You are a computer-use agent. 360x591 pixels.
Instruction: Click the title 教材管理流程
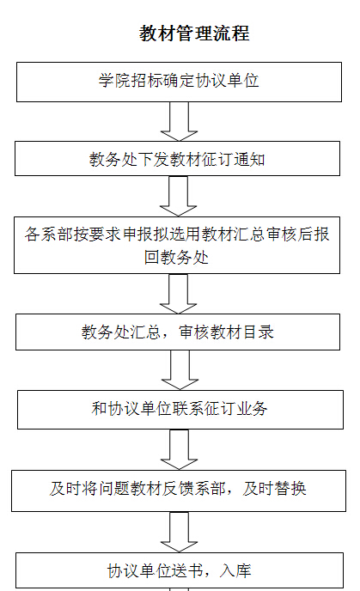pos(194,34)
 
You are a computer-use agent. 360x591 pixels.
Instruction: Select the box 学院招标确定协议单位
pos(179,82)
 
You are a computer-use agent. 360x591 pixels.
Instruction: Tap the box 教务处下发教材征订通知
pos(177,158)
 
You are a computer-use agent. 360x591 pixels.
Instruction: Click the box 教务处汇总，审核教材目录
pos(178,332)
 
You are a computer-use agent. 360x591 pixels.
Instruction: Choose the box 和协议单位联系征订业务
pos(180,410)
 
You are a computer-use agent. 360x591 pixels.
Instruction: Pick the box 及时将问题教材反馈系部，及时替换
pos(179,490)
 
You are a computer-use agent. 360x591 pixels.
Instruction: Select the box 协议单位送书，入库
pos(180,570)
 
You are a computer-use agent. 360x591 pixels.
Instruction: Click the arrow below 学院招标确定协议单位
pos(179,121)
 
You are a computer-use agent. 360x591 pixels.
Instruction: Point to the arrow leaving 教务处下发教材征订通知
pos(179,196)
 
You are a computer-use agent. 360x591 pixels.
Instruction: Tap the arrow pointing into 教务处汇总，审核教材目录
pos(179,294)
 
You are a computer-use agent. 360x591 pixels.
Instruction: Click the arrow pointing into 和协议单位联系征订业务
pos(180,370)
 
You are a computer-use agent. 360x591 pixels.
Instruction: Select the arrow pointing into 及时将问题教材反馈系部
pos(179,449)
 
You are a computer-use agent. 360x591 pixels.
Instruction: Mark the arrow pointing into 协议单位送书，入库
pos(179,532)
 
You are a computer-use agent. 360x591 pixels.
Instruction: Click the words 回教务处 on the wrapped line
pos(176,258)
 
